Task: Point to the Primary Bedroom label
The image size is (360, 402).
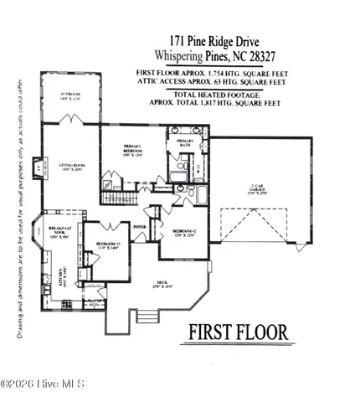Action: (x=133, y=152)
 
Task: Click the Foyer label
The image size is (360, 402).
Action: (x=140, y=226)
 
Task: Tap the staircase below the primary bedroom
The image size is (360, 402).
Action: (x=117, y=198)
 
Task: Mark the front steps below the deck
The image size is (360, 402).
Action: (x=146, y=316)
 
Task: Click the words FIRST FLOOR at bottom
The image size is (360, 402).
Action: (x=238, y=332)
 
